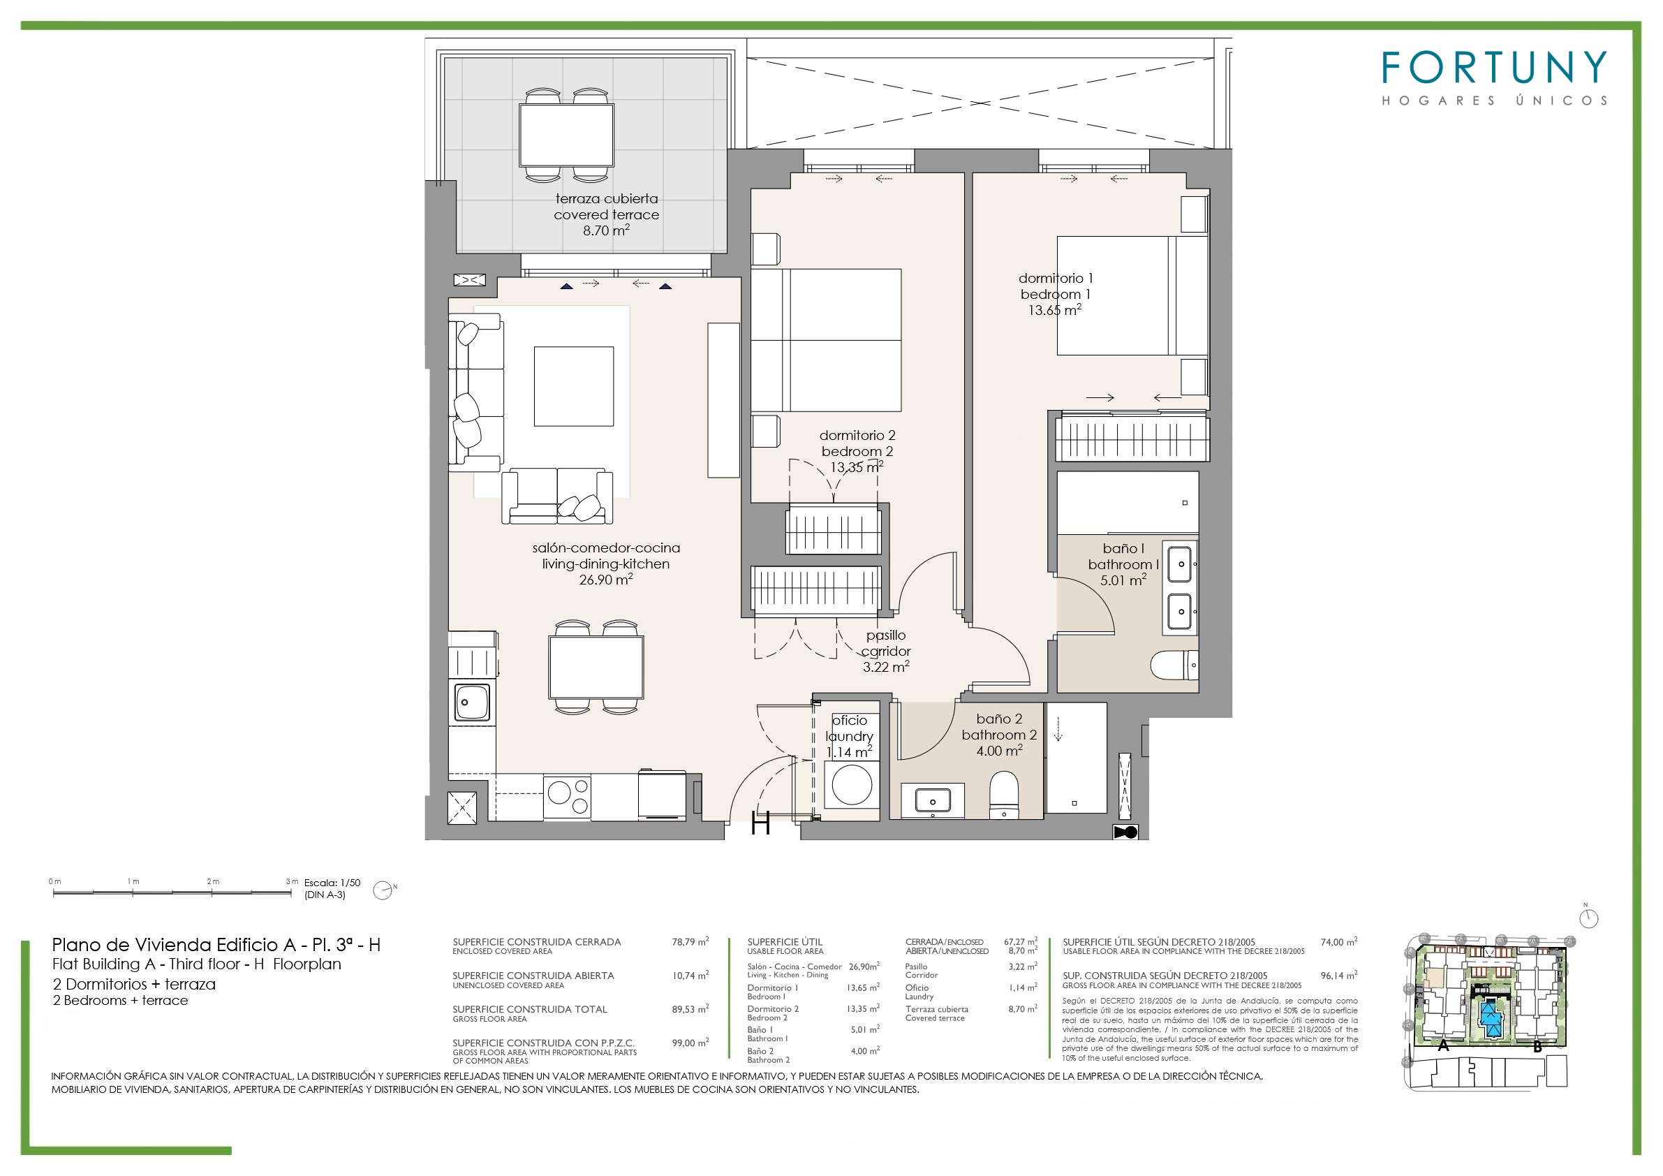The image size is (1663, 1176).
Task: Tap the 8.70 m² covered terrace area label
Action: [606, 230]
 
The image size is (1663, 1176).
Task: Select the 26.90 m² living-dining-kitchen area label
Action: [606, 579]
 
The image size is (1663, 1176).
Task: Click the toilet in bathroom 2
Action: [1003, 794]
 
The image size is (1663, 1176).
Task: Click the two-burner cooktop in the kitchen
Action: [567, 798]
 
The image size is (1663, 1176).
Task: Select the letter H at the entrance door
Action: [760, 823]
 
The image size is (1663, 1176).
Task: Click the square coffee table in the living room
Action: [574, 386]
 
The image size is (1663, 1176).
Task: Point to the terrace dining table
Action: [566, 135]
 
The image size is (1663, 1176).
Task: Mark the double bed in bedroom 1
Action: [1132, 295]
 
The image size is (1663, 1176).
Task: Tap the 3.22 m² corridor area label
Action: [886, 667]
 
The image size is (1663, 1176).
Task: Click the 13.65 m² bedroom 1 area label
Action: [1055, 310]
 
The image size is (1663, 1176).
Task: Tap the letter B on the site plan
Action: [1537, 1047]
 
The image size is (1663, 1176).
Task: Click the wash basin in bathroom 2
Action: [933, 802]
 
